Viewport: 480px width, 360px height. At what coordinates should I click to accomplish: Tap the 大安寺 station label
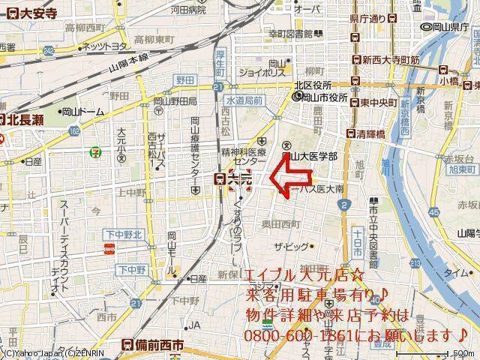(x=30, y=13)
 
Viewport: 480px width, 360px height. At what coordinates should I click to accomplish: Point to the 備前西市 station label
(x=157, y=346)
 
